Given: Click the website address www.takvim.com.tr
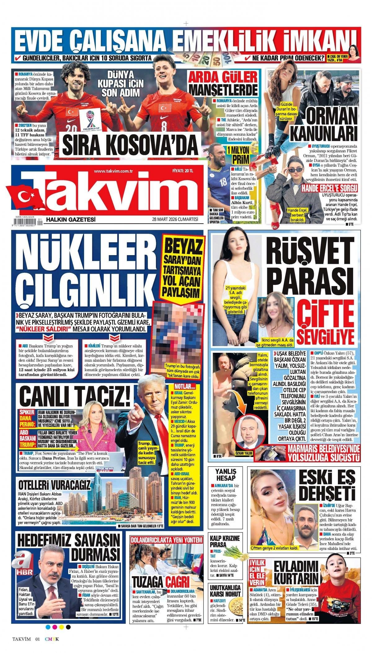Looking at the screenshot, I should [113, 171].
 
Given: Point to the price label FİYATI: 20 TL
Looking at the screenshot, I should [183, 171].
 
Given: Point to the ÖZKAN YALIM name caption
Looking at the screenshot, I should [245, 453].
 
